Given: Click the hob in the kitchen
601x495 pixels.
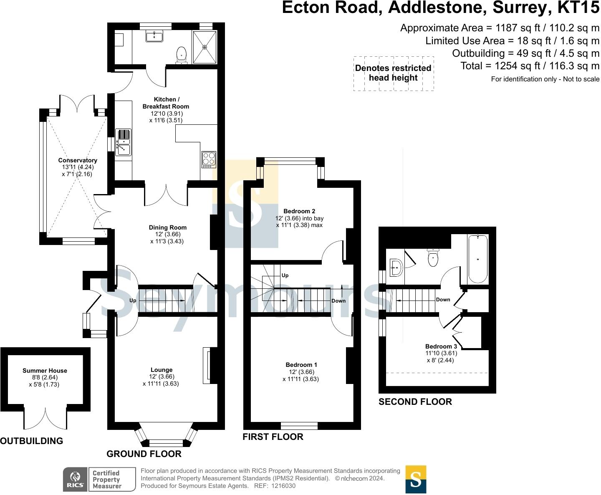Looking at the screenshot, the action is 209,159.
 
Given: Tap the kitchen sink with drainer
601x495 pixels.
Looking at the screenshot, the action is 123,142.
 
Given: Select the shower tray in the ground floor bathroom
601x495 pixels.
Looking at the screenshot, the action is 205,47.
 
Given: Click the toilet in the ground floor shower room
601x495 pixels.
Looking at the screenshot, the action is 181,55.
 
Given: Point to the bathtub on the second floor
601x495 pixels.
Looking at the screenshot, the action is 478,259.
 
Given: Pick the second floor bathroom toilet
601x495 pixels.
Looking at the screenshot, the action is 433,258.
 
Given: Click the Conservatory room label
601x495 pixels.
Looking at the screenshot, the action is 78,160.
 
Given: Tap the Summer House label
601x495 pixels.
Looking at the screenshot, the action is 45,371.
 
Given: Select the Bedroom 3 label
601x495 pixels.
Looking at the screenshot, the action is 441,346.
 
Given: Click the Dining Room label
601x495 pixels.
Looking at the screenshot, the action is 167,227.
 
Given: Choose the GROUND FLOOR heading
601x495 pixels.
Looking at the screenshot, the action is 144,454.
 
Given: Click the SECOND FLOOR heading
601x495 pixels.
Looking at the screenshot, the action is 415,402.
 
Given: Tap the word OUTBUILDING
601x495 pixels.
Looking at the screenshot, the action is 31,441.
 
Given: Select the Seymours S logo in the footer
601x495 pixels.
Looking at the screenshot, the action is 416,480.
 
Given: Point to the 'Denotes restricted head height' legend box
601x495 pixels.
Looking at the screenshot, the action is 394,73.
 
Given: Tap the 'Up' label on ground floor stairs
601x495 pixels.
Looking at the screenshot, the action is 133,301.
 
